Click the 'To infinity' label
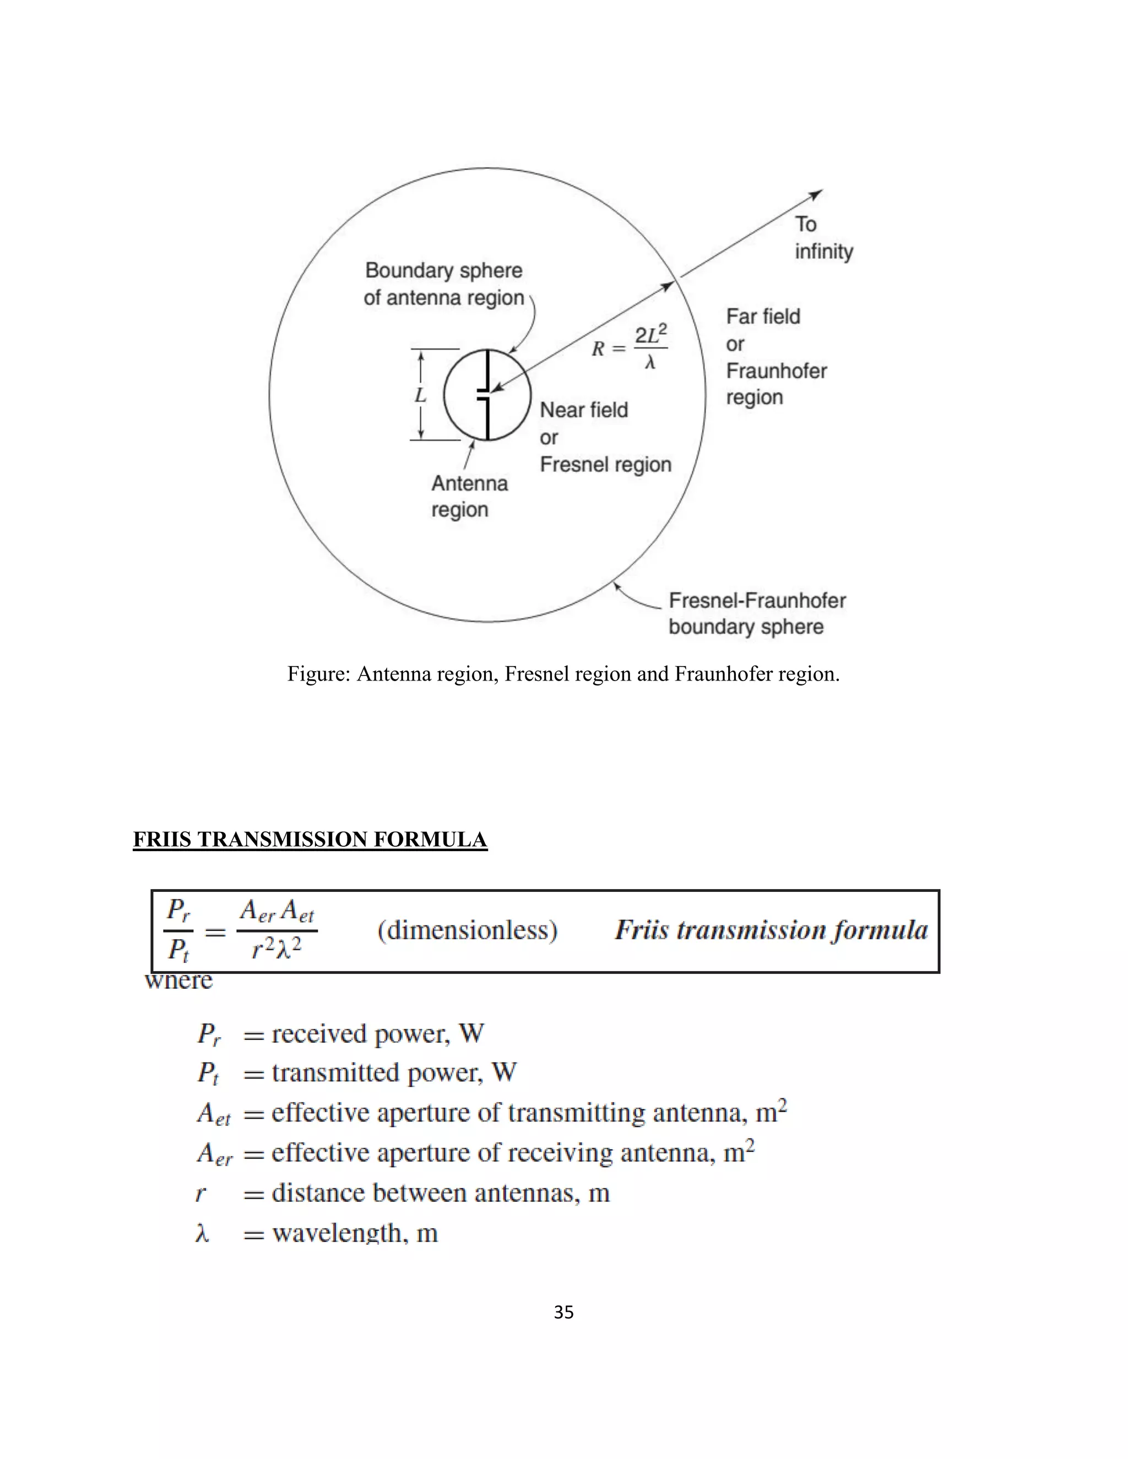(823, 238)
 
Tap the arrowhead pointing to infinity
(817, 194)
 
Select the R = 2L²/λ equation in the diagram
(630, 347)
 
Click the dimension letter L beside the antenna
(420, 395)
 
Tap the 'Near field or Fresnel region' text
(605, 437)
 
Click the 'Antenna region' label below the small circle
(469, 497)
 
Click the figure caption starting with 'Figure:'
(563, 673)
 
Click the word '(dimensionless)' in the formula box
(467, 930)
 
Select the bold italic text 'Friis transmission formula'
(771, 930)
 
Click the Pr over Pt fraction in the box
(178, 930)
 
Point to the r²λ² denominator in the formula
(276, 948)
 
